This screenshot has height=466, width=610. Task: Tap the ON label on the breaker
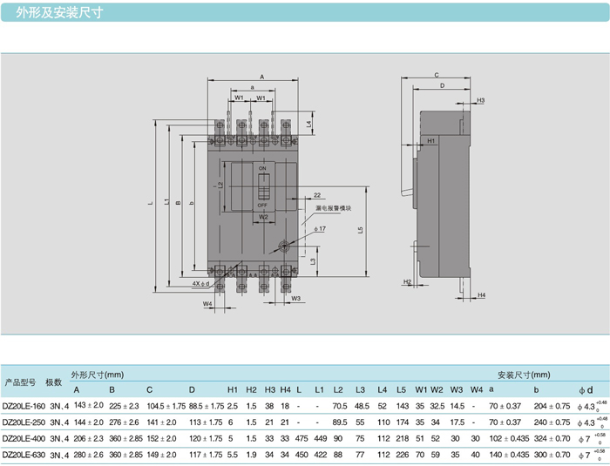261,167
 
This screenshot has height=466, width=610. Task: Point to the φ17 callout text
320,228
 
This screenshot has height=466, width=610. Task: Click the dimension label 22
317,195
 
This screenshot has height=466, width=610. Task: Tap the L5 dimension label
360,230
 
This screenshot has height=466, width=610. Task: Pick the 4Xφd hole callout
200,284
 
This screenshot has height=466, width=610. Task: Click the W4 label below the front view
207,303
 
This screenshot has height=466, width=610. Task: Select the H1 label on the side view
430,140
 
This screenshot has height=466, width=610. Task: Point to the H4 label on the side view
481,295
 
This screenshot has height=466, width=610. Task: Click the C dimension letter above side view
436,76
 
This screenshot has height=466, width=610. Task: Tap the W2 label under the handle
262,217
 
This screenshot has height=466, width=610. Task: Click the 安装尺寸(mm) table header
518,374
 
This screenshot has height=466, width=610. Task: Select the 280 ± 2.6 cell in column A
88,454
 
